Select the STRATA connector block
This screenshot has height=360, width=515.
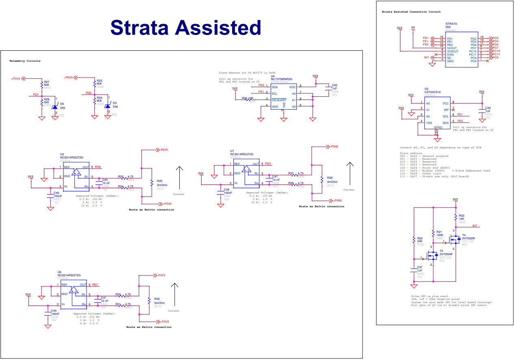(x=461, y=50)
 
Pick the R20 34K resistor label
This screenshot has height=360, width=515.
(x=420, y=240)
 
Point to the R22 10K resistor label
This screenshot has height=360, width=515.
(x=461, y=217)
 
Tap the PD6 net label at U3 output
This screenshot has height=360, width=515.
(x=98, y=167)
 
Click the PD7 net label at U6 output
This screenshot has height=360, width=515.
(x=95, y=284)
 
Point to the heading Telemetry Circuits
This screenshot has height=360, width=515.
(x=25, y=61)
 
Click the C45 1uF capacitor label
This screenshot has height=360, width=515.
(x=335, y=87)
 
